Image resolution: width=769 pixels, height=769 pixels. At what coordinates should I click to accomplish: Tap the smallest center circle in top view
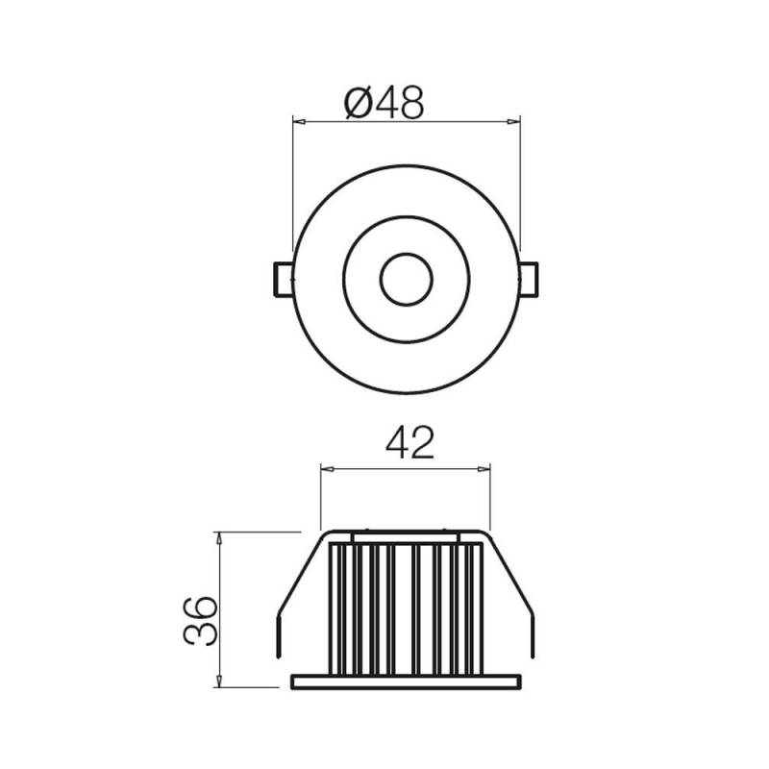(406, 279)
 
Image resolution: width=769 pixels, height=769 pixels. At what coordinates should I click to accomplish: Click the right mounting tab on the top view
(530, 279)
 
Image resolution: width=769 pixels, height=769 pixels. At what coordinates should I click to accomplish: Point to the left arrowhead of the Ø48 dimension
(298, 122)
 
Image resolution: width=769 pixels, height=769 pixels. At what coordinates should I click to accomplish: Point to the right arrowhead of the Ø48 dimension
(513, 122)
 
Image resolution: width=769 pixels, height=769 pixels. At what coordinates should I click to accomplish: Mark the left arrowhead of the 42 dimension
(326, 469)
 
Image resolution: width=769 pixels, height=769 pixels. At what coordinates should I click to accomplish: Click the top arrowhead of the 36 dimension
(220, 537)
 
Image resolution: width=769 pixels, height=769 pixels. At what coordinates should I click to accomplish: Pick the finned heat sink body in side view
(405, 606)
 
